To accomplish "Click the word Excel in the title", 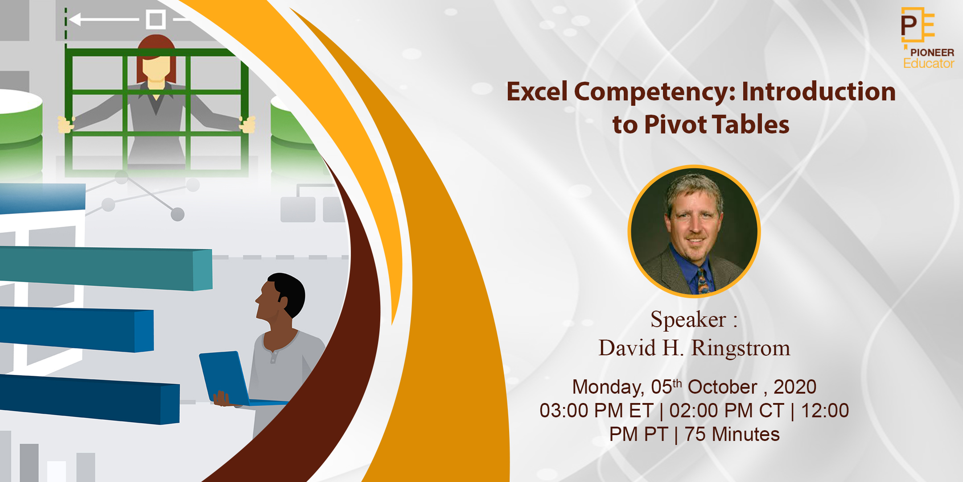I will point(537,92).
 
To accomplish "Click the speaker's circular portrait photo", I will point(694,231).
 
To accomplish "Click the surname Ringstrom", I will point(741,348).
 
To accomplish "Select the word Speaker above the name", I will point(688,320).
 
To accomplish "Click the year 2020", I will point(795,387).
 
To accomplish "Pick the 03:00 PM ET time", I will point(596,411).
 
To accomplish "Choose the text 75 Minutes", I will point(732,434).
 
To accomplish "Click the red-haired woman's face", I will point(156,67).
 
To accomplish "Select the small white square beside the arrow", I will point(156,20).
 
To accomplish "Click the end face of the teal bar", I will point(203,270).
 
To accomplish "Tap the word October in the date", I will point(722,387).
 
